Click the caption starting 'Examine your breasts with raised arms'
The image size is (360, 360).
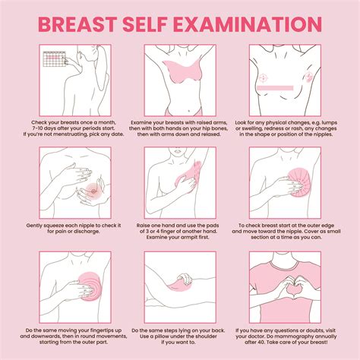[x=179, y=128]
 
